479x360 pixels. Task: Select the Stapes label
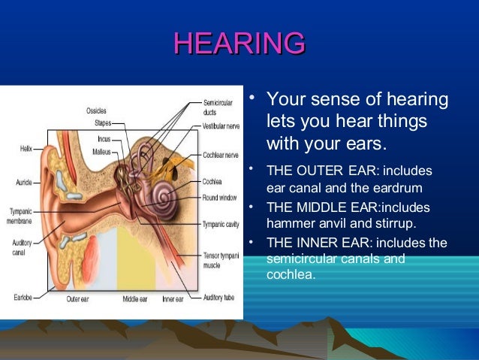click(x=103, y=123)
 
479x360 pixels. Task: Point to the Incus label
click(x=104, y=138)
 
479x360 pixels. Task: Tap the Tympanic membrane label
click(x=20, y=214)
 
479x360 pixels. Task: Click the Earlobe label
click(x=22, y=297)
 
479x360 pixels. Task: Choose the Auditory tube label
click(x=218, y=298)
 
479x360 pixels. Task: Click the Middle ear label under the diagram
click(x=135, y=299)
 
